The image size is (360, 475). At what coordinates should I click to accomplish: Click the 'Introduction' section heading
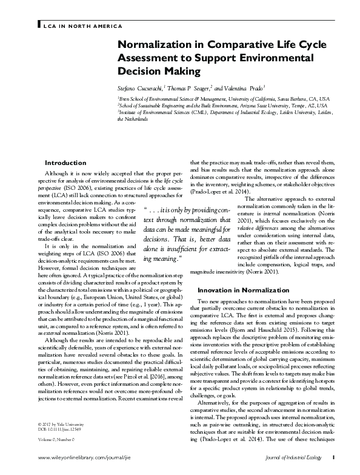click(x=66, y=163)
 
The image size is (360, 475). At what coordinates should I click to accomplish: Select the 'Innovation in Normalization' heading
click(x=239, y=291)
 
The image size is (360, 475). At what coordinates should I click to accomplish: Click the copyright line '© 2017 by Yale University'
click(x=61, y=421)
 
